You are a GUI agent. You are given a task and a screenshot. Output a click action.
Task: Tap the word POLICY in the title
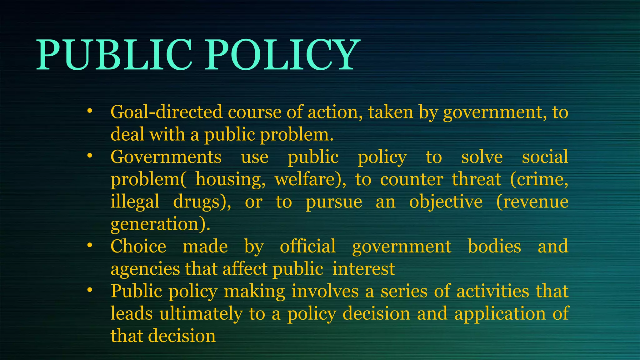click(x=281, y=55)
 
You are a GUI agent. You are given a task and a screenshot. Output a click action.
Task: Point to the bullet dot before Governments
click(x=90, y=156)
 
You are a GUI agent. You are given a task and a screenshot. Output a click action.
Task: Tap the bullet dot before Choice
click(x=90, y=245)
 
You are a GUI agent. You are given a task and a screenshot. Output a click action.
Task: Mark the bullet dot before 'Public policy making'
click(x=90, y=290)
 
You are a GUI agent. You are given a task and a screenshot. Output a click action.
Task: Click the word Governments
click(x=166, y=157)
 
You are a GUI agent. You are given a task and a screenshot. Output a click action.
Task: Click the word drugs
click(x=200, y=202)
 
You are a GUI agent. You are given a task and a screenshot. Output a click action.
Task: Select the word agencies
click(x=145, y=269)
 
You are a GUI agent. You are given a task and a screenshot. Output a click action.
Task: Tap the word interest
click(x=364, y=269)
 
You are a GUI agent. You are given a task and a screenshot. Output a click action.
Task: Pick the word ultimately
click(x=201, y=314)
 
